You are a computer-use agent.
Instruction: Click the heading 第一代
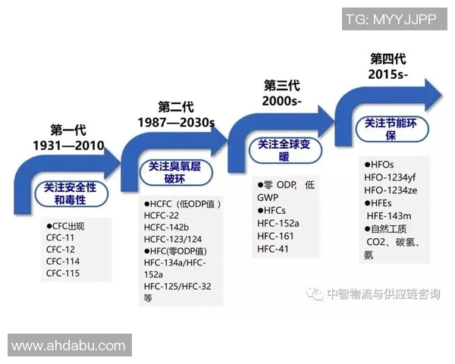coord(67,130)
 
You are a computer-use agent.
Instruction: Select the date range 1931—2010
coord(67,145)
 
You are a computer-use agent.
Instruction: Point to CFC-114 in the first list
coord(63,261)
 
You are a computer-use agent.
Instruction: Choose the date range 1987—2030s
coord(176,121)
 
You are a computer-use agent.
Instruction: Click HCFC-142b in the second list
coord(166,227)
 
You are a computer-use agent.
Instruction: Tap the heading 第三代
coord(282,85)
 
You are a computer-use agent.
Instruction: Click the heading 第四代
coord(388,58)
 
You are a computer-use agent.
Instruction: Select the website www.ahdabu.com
coord(68,346)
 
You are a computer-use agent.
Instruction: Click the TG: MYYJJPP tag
coord(390,20)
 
